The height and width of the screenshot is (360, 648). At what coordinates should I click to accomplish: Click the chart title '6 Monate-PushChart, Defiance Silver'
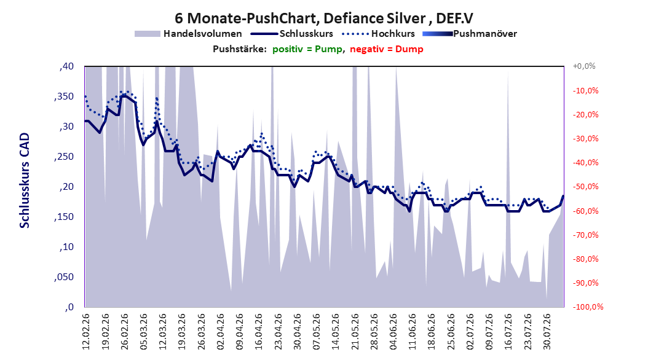(300, 18)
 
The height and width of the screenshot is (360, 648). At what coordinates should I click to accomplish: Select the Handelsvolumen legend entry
(189, 34)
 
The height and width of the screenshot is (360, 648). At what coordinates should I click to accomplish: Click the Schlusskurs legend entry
(292, 34)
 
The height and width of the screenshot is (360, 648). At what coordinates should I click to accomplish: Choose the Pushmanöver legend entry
(470, 34)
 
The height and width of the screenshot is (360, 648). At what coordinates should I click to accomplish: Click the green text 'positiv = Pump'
(307, 49)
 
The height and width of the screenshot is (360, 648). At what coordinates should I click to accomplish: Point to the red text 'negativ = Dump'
(387, 49)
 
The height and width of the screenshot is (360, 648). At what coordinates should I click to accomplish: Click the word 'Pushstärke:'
(240, 49)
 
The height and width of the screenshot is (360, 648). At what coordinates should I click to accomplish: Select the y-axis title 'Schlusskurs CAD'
(25, 181)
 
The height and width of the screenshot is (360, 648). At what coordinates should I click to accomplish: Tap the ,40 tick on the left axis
(66, 66)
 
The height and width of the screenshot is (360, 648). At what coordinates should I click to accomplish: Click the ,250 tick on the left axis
(64, 157)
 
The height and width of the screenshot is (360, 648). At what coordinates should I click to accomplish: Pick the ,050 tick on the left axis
(64, 277)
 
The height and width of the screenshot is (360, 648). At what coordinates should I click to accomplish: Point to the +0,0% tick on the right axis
(584, 66)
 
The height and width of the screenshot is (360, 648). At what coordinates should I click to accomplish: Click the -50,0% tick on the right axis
(585, 187)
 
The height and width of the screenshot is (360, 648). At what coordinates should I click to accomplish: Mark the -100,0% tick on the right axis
(588, 307)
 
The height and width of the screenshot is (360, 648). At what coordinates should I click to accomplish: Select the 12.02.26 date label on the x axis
(86, 332)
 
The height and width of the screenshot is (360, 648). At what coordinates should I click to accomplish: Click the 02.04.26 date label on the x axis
(220, 332)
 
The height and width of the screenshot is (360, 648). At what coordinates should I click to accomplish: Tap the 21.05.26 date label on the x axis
(355, 332)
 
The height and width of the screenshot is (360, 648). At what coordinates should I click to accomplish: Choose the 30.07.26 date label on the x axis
(547, 332)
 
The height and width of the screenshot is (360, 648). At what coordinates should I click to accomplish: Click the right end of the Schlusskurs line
(563, 196)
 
